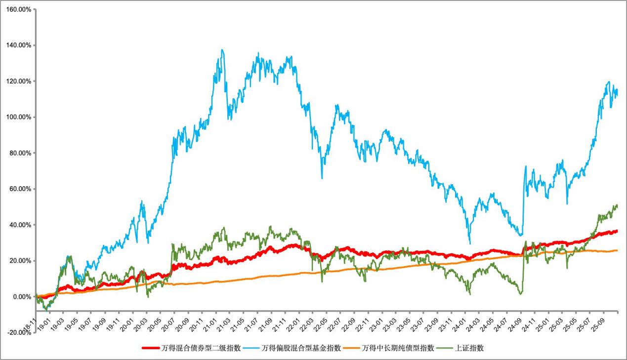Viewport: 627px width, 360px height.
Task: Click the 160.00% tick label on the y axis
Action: (x=18, y=9)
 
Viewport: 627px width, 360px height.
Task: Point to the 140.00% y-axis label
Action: (x=18, y=45)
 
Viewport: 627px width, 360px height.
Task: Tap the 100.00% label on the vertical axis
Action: (x=18, y=117)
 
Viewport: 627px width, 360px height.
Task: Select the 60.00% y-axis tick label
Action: (x=20, y=189)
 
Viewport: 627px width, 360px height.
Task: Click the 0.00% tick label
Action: (x=22, y=297)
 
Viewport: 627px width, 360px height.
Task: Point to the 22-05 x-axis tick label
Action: (x=318, y=324)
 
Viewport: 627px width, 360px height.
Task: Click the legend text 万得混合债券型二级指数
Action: (x=201, y=348)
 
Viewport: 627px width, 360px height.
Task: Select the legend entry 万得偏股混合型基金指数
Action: (x=301, y=348)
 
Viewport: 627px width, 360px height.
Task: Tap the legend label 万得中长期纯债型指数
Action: (x=398, y=348)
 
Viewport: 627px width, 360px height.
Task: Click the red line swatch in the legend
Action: (x=151, y=348)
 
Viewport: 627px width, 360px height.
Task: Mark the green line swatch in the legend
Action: (x=445, y=348)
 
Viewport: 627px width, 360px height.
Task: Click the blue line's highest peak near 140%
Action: (x=222, y=50)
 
